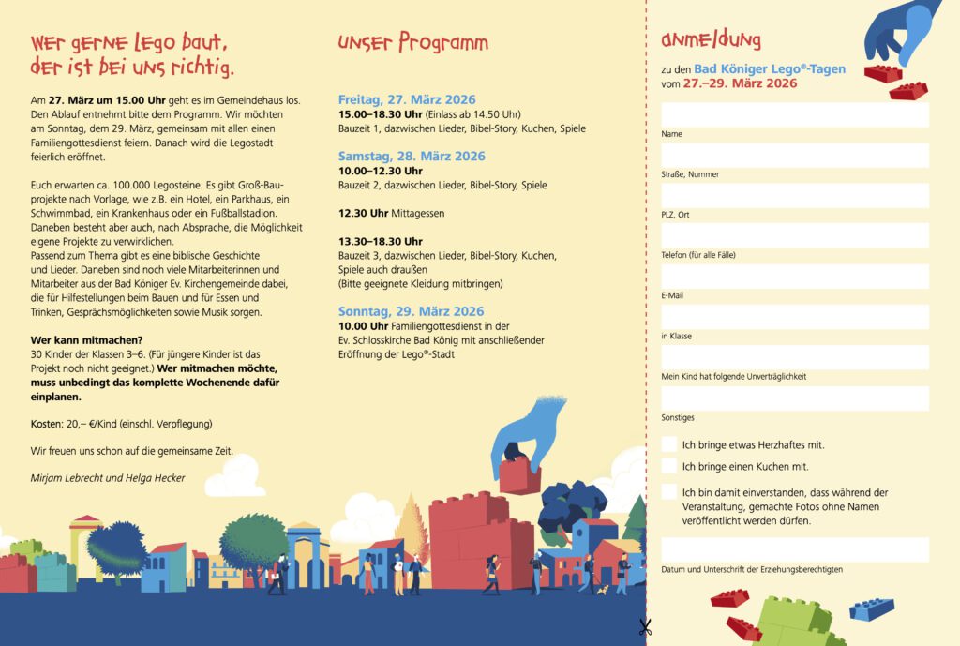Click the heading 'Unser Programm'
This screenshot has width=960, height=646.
412,42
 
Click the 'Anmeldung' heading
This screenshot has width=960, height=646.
711,39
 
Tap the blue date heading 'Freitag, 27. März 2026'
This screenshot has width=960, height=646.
407,99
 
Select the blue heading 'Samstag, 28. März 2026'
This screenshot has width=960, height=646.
412,156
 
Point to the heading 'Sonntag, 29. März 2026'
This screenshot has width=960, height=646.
411,311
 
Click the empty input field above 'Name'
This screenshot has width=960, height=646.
794,114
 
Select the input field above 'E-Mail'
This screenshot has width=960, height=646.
794,277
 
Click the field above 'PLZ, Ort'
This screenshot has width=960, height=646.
794,195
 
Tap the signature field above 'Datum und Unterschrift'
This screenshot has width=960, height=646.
794,548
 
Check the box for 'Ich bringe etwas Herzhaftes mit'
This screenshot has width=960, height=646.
669,444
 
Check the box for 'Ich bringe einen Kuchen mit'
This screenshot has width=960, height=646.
669,466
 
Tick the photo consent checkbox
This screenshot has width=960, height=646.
669,492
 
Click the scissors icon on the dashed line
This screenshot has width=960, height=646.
645,627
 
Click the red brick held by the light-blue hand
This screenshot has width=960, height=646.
519,475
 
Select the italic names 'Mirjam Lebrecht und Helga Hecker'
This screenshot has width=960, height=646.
108,478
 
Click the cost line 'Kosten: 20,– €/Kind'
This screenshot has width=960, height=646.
122,424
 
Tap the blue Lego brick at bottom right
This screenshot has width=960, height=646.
872,609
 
